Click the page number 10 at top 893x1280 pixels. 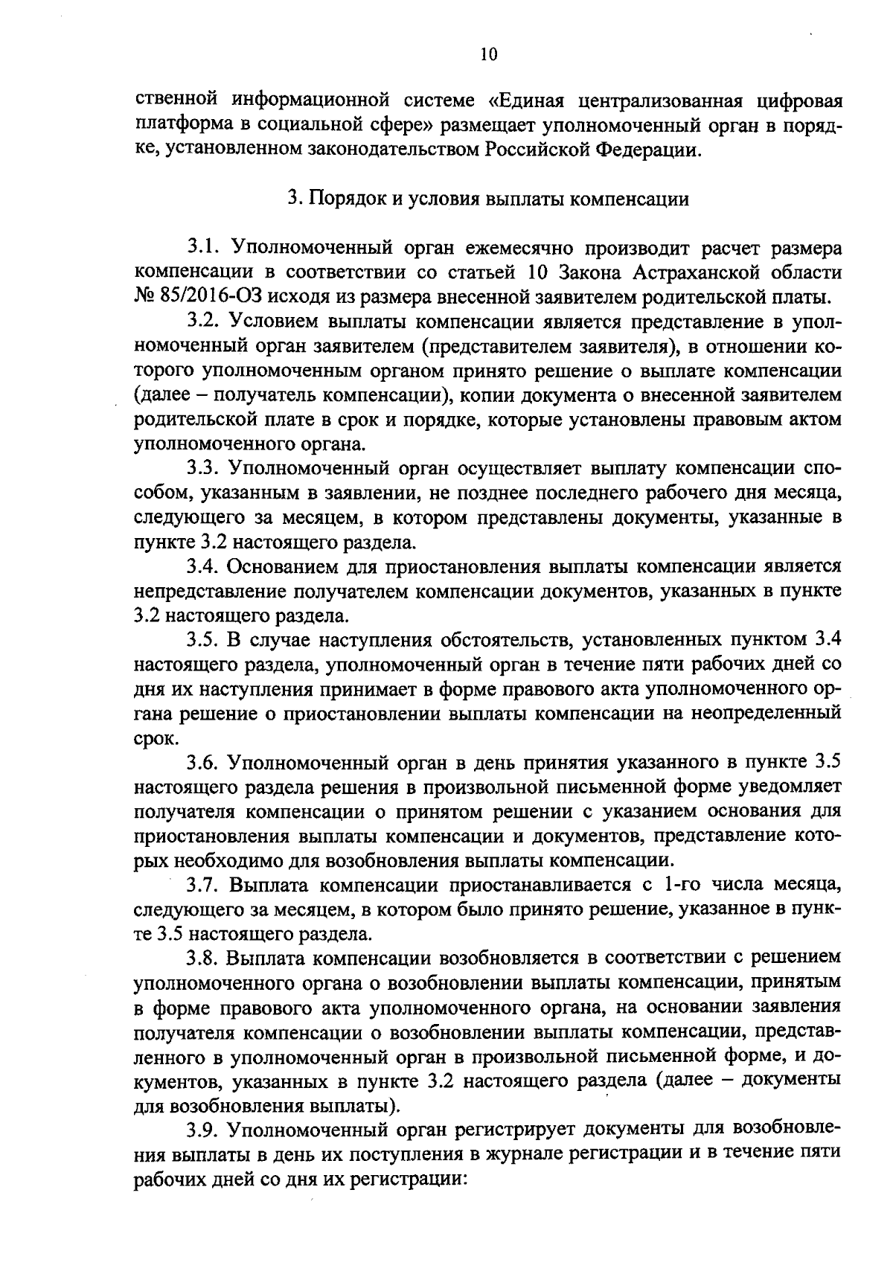click(488, 54)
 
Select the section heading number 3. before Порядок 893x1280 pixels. click(293, 199)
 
